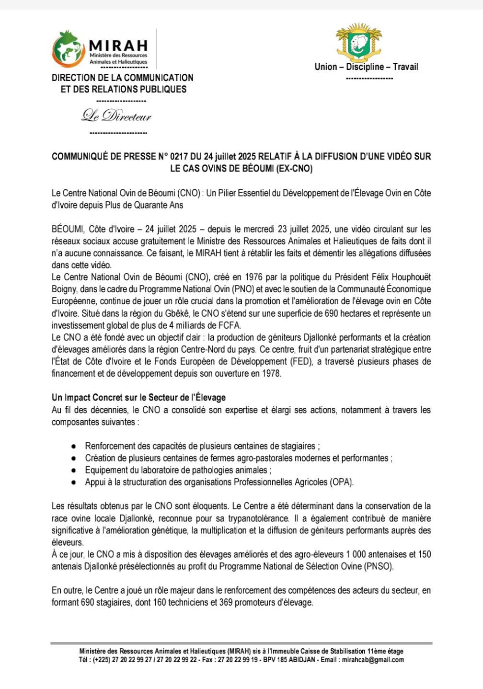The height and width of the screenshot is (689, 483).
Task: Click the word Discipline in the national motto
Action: pyautogui.click(x=365, y=67)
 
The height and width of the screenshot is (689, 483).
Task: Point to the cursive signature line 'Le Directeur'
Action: pyautogui.click(x=116, y=116)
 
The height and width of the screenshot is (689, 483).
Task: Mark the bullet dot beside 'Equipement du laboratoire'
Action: pyautogui.click(x=73, y=471)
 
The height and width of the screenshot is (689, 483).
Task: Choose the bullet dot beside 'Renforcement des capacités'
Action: pyautogui.click(x=73, y=446)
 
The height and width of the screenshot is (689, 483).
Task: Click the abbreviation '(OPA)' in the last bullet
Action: pyautogui.click(x=341, y=482)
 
